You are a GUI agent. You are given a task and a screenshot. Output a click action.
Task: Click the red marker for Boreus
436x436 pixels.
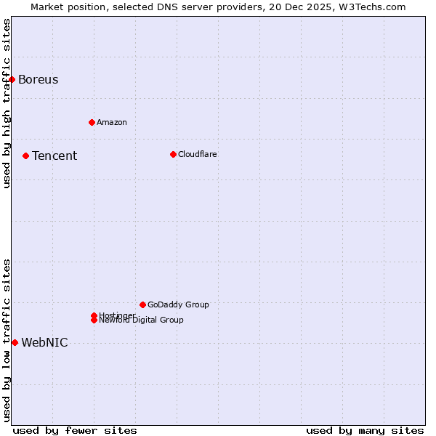12,79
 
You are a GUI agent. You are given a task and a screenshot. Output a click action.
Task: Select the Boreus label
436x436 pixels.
38,79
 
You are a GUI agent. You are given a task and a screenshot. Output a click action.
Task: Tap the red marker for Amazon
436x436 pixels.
92,122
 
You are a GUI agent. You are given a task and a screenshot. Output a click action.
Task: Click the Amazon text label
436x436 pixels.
111,122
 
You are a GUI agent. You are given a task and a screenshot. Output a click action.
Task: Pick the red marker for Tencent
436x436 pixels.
25,156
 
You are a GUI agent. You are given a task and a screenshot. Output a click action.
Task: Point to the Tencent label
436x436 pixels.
54,156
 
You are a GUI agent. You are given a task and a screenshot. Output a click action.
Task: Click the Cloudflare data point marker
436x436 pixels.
173,154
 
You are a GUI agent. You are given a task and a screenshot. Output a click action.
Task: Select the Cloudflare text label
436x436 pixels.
197,154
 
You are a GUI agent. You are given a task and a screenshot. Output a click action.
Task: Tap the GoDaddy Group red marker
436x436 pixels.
142,304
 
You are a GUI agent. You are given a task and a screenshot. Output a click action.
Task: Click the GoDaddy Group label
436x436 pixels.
178,304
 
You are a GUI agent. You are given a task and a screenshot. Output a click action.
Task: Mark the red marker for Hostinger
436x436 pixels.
94,315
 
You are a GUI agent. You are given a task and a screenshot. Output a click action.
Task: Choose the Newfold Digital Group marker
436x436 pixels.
94,320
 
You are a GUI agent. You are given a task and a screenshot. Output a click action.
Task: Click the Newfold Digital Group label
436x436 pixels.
142,320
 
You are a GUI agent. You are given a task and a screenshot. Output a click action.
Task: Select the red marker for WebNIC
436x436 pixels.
15,342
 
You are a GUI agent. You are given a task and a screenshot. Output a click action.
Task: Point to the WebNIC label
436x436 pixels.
44,342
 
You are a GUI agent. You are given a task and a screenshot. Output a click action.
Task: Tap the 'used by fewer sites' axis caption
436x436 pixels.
75,430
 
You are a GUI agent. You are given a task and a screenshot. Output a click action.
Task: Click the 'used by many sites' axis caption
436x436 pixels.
365,430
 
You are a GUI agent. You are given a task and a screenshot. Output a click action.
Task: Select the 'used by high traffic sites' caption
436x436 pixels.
7,103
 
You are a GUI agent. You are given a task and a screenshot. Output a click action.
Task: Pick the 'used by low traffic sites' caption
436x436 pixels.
7,340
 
